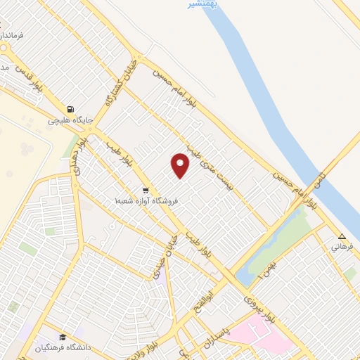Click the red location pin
pos(181,166)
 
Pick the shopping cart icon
pos(145,190)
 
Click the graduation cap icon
pos(62,337)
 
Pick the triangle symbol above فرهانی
pos(342,236)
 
